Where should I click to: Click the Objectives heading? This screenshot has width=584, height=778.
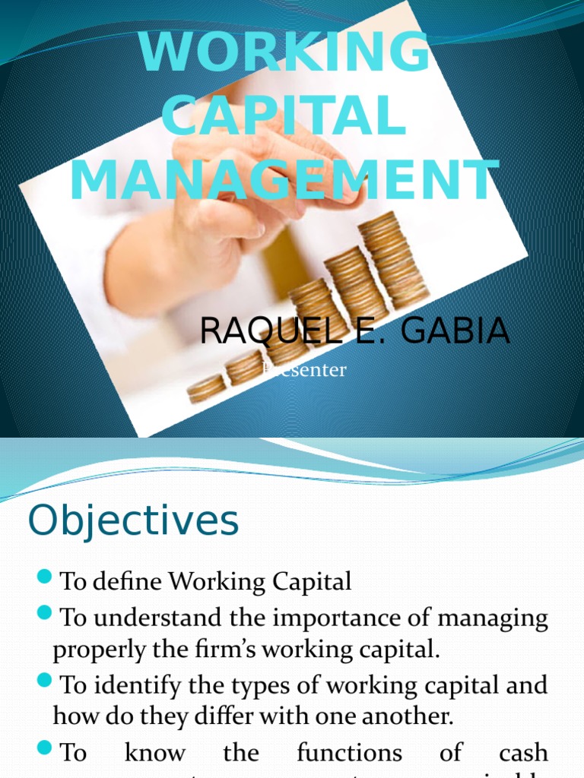pos(133,521)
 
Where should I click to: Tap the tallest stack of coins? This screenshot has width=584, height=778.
pos(392,258)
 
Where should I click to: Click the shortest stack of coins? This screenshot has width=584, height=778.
pos(205,388)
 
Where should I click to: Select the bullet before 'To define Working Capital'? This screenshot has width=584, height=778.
pos(43,580)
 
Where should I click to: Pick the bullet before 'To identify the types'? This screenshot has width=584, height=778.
pos(43,682)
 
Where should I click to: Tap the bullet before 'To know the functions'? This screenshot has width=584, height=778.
pos(43,750)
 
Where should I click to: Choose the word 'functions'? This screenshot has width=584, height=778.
pos(349,753)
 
